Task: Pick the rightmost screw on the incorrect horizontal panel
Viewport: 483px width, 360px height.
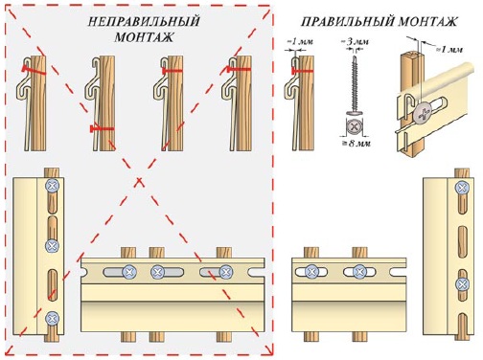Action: point(226,272)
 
